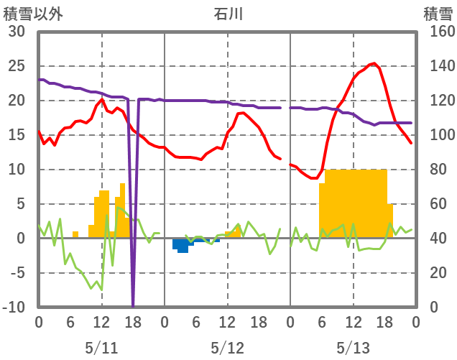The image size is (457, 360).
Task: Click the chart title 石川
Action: [228, 13]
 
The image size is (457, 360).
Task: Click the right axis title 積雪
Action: [437, 13]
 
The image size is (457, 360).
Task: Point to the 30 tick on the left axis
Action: [16, 32]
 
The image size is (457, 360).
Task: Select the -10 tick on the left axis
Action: [14, 308]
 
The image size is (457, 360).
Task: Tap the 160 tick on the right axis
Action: [438, 32]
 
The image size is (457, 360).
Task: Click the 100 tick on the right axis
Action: [438, 135]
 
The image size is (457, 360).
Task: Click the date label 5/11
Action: [101, 348]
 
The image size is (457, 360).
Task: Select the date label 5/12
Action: [227, 348]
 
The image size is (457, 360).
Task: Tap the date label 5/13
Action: [353, 348]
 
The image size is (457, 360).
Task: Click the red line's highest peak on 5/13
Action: [374, 63]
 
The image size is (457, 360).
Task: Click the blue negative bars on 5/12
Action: [183, 245]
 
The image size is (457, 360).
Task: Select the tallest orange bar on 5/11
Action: [123, 208]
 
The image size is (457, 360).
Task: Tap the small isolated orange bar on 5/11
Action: [75, 234]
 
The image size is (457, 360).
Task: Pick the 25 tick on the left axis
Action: [16, 66]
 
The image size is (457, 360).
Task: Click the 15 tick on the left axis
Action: [16, 135]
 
